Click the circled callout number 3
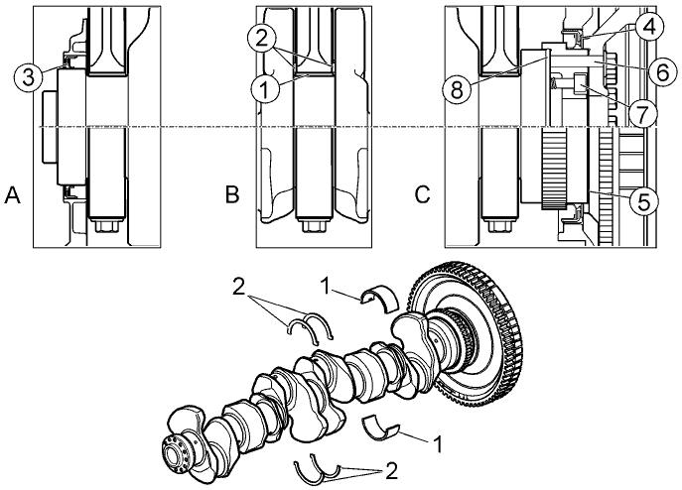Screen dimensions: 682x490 point(28,78)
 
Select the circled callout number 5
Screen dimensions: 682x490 point(644,201)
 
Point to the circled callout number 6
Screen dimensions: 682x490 point(663,72)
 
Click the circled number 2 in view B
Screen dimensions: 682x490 point(262,40)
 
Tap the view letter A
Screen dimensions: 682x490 point(12,195)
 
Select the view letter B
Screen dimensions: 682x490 point(232,195)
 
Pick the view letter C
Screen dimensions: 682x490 point(422,195)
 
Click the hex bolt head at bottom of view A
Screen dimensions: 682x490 point(105,226)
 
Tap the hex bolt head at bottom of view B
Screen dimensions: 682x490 point(314,226)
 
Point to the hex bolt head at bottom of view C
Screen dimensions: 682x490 point(498,226)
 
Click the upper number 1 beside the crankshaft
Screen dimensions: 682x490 point(327,286)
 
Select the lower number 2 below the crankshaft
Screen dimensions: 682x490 point(391,471)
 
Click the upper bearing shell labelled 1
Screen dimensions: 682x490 point(380,299)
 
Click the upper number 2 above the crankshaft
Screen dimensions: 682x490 point(239,287)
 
